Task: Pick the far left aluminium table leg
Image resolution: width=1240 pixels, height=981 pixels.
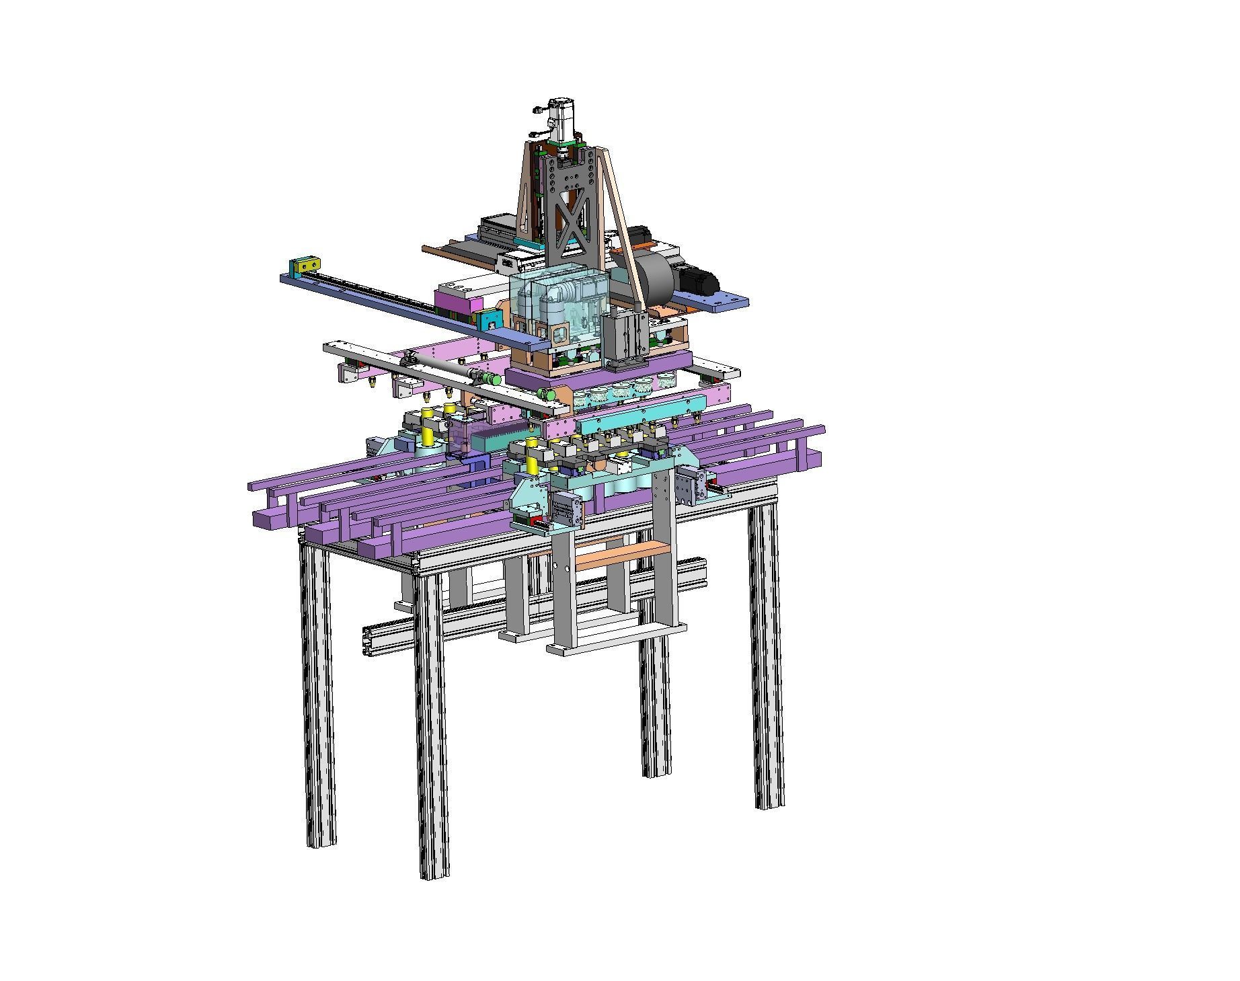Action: coord(318,693)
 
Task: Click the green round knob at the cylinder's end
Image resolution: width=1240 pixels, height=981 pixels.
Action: coord(496,379)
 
